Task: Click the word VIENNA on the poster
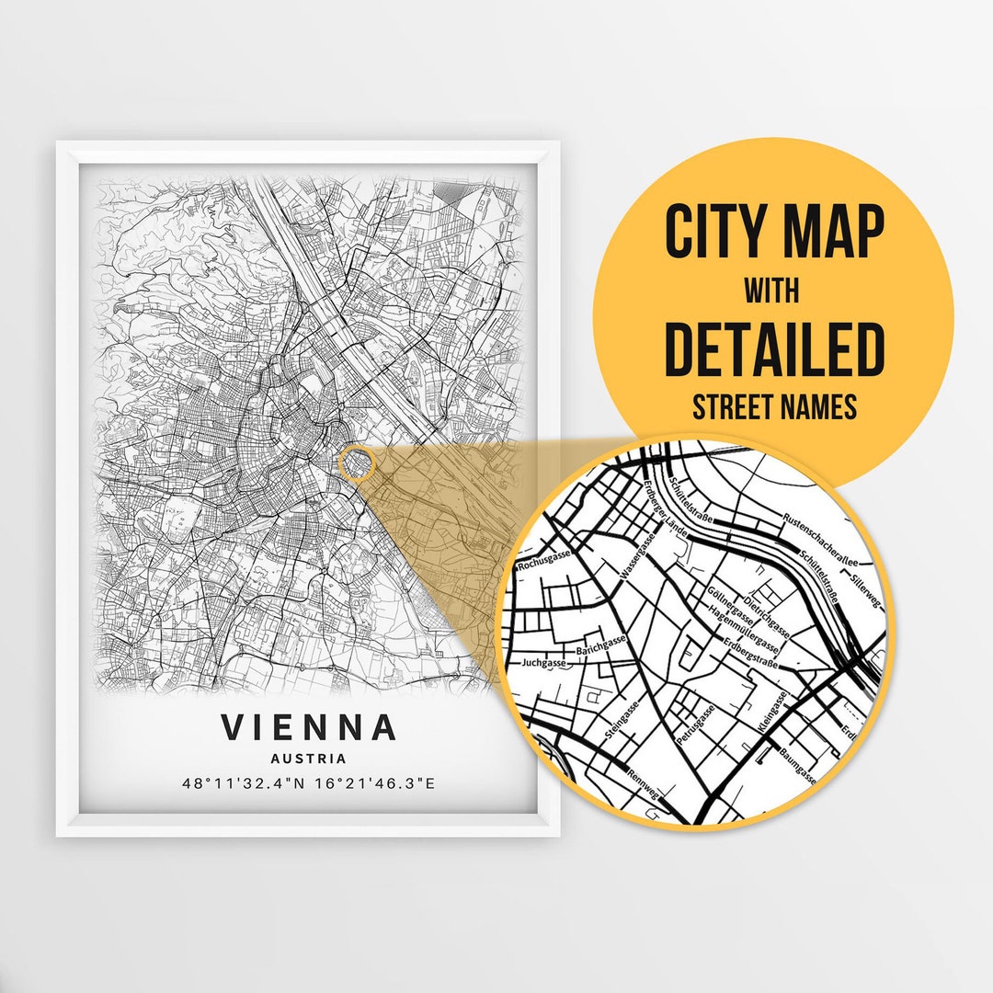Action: [x=309, y=727]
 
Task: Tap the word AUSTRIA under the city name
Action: [x=309, y=759]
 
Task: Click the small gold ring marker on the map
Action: [x=356, y=463]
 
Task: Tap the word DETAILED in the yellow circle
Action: [x=773, y=349]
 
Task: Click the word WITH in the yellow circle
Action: [x=772, y=292]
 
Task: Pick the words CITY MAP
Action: [x=773, y=234]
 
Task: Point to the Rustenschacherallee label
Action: [x=820, y=540]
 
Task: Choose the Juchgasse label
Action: [x=542, y=661]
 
